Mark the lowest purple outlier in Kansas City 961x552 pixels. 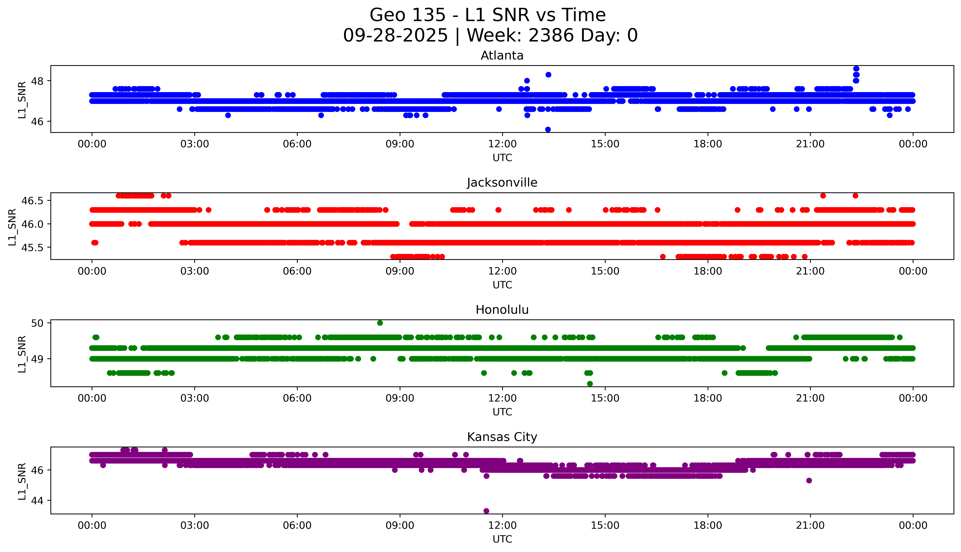486,511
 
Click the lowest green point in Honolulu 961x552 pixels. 590,384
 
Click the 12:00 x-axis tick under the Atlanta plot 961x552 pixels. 502,144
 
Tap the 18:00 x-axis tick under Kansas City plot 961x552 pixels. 708,525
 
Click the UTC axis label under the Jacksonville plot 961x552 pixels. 502,285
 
